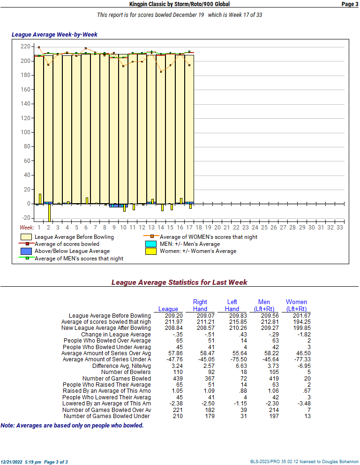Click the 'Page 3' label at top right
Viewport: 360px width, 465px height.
(x=350, y=4)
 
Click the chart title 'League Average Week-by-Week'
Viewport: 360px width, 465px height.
(x=54, y=35)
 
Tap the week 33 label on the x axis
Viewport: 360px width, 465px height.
(x=339, y=228)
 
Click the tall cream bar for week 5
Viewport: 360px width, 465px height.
(x=76, y=127)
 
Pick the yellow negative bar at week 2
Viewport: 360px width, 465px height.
(x=49, y=212)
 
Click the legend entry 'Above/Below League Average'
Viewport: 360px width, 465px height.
(x=72, y=251)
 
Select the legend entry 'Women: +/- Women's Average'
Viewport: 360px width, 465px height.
(x=198, y=251)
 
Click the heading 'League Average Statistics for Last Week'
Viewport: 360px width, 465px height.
(x=180, y=282)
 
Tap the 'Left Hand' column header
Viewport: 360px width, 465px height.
(x=232, y=305)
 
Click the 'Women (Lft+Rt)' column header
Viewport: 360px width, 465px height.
(x=296, y=305)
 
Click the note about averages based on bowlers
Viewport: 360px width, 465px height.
(x=72, y=426)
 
